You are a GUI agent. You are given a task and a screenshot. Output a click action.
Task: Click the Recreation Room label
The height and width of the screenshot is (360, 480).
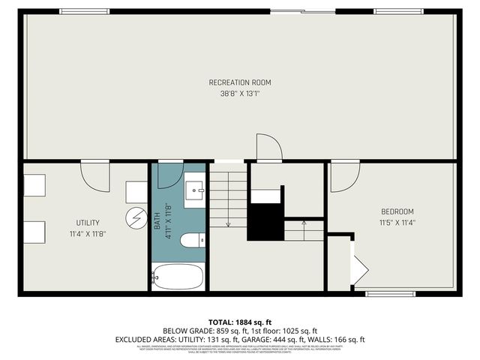240,82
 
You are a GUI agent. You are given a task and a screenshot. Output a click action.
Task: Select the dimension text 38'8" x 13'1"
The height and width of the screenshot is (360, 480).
240,94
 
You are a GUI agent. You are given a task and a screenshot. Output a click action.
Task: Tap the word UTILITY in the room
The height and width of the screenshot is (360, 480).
88,223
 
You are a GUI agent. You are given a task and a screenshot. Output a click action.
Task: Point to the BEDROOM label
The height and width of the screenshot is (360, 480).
397,211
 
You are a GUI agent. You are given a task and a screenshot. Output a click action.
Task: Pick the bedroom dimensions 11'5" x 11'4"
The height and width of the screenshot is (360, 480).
397,223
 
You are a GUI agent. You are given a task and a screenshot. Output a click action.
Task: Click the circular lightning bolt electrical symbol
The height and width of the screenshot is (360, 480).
136,217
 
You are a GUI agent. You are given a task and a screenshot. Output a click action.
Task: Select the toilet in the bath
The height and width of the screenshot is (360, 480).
191,241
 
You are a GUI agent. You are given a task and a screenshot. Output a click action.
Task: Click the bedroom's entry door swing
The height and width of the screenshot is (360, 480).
343,176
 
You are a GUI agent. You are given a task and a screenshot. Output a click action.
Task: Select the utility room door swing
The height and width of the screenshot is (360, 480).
94,176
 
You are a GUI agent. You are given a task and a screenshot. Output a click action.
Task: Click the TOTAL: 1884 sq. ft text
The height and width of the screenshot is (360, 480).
240,322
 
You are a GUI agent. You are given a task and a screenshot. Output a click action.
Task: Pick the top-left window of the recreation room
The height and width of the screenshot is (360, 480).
84,11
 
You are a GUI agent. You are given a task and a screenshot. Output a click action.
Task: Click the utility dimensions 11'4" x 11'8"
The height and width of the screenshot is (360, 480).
88,234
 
